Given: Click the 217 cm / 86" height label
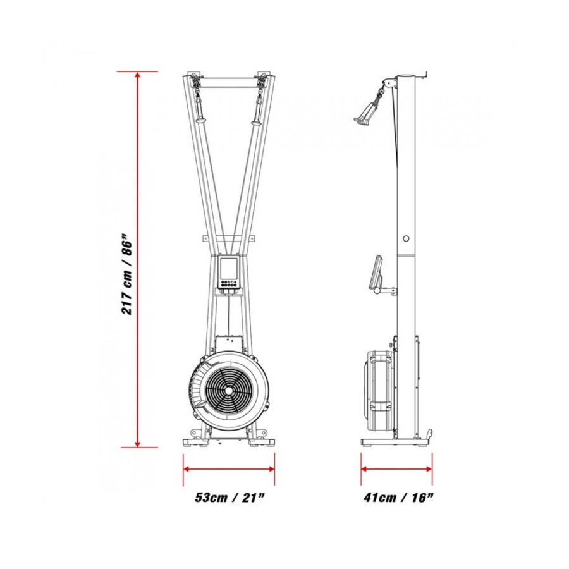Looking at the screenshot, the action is (x=126, y=276).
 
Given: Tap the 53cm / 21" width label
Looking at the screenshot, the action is (x=229, y=497).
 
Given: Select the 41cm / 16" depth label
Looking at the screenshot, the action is (x=398, y=497).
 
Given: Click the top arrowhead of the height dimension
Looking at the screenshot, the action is (x=137, y=75).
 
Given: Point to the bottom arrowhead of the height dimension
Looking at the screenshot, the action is (x=137, y=444).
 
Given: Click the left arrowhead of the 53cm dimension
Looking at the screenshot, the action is (x=187, y=469).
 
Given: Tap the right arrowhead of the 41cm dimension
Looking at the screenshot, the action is (x=429, y=469).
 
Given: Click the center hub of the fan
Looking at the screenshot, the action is (x=229, y=391).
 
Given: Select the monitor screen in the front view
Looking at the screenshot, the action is (x=229, y=268).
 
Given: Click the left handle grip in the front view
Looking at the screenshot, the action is (x=200, y=109).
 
